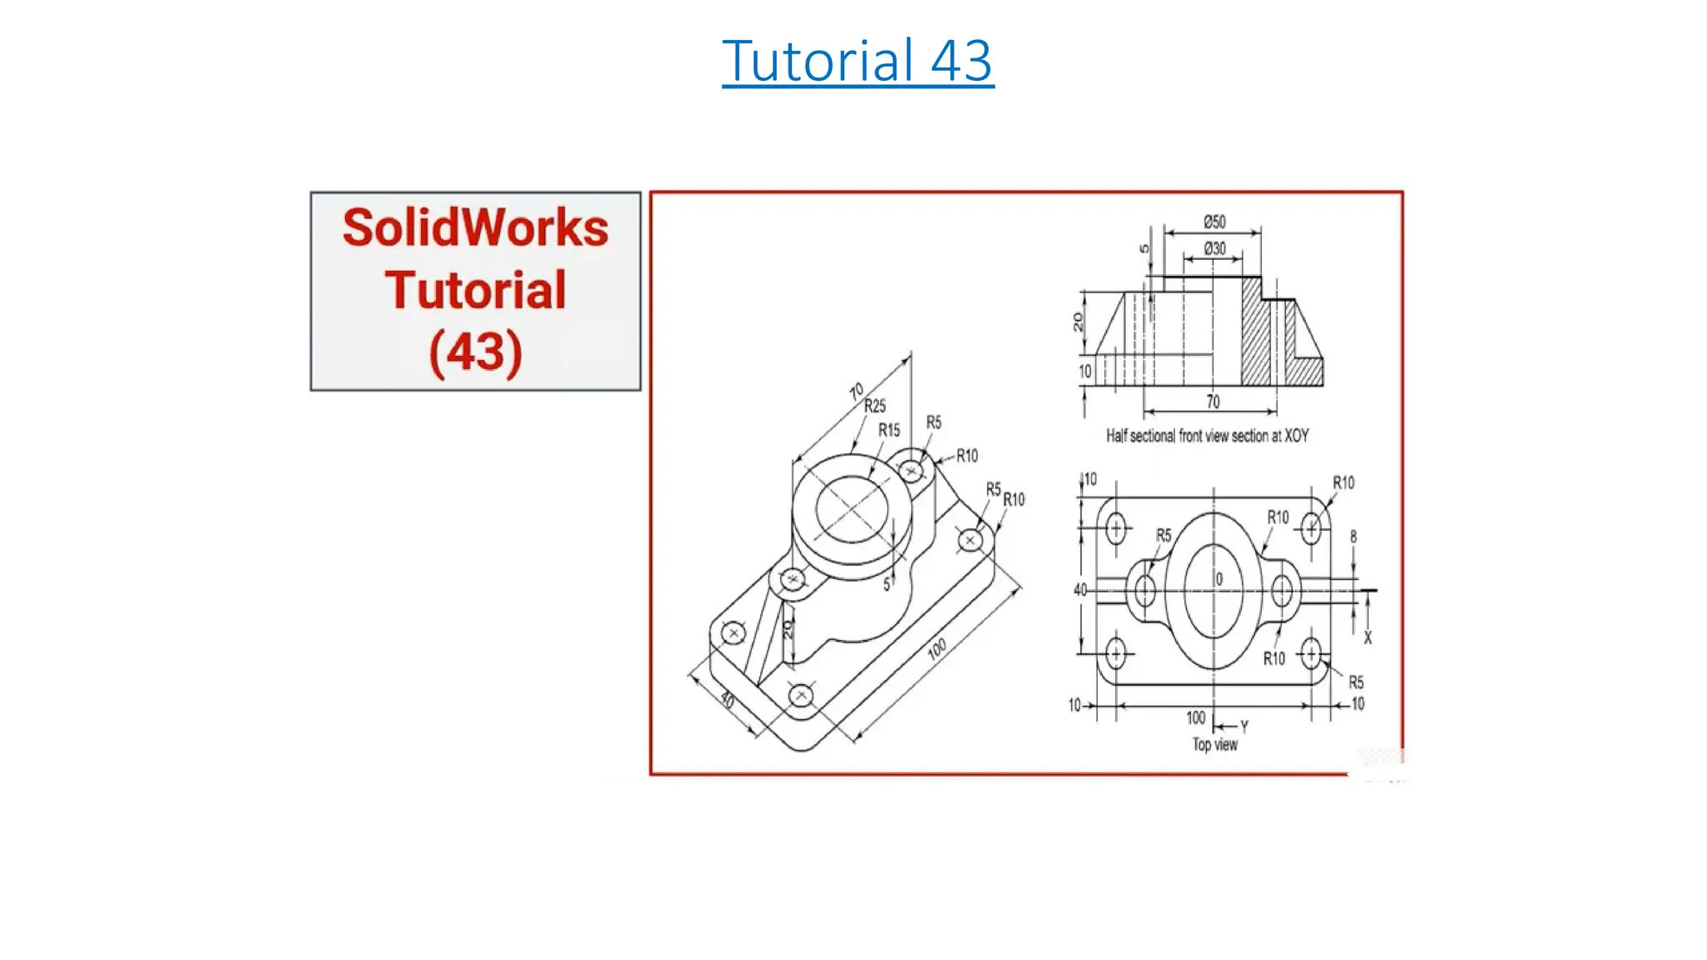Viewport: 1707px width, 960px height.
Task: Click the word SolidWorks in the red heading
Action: pyautogui.click(x=475, y=228)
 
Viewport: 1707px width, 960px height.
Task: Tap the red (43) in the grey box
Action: pyautogui.click(x=475, y=352)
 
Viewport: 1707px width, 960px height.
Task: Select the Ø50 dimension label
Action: pyautogui.click(x=1214, y=222)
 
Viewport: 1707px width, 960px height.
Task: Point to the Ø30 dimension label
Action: pyautogui.click(x=1214, y=248)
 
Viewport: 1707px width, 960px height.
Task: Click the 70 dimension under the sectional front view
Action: pyautogui.click(x=1213, y=402)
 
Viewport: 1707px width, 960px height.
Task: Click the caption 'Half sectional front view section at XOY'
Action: pyautogui.click(x=1207, y=436)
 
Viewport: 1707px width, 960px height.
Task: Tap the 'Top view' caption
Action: pyautogui.click(x=1214, y=744)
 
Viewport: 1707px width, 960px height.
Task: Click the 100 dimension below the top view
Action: pyautogui.click(x=1195, y=717)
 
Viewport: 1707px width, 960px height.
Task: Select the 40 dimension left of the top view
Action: pyautogui.click(x=1080, y=590)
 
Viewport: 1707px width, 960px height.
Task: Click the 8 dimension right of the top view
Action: pyautogui.click(x=1353, y=537)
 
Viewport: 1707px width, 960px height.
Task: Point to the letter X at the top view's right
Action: pyautogui.click(x=1367, y=638)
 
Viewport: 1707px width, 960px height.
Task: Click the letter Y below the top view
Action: pyautogui.click(x=1244, y=727)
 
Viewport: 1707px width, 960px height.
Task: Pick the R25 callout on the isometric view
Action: pyautogui.click(x=874, y=407)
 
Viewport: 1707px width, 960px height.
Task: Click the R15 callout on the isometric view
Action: pyautogui.click(x=889, y=431)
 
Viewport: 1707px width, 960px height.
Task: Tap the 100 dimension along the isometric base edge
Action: pyautogui.click(x=937, y=648)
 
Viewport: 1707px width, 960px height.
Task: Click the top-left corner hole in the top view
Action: pyautogui.click(x=1115, y=527)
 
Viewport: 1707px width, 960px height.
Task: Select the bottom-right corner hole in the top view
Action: pyautogui.click(x=1311, y=653)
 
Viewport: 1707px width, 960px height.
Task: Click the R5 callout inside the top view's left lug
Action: pyautogui.click(x=1164, y=536)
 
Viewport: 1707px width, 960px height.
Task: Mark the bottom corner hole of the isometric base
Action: pyautogui.click(x=800, y=694)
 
